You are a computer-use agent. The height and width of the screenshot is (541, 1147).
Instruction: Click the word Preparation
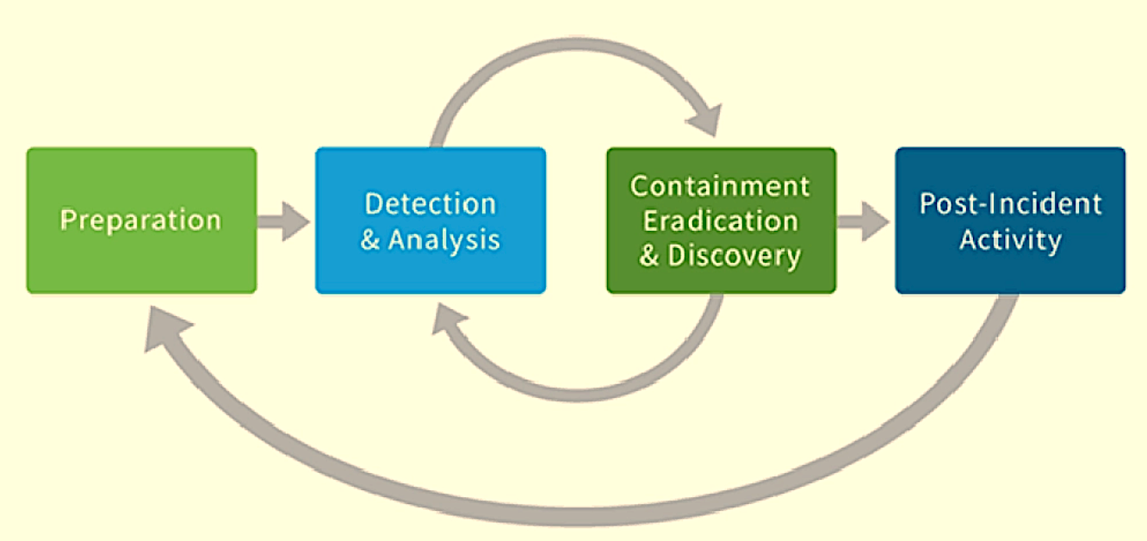pyautogui.click(x=140, y=220)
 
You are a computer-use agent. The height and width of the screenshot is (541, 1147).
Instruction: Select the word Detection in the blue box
pyautogui.click(x=430, y=204)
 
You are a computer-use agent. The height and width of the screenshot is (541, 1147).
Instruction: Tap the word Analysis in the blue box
pyautogui.click(x=443, y=239)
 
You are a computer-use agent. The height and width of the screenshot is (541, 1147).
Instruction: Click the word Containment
pyautogui.click(x=720, y=185)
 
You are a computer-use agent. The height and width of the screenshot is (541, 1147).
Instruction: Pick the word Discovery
pyautogui.click(x=735, y=255)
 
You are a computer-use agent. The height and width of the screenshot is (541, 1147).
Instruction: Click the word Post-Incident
pyautogui.click(x=1010, y=204)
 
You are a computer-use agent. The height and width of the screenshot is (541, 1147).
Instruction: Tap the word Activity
pyautogui.click(x=1010, y=239)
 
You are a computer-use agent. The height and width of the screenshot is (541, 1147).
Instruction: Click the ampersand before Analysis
pyautogui.click(x=370, y=240)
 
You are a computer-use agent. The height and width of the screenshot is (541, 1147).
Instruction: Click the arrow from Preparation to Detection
pyautogui.click(x=284, y=222)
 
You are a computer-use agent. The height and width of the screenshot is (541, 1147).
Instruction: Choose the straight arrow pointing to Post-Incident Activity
pyautogui.click(x=864, y=222)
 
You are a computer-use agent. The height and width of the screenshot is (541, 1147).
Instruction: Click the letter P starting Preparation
pyautogui.click(x=66, y=220)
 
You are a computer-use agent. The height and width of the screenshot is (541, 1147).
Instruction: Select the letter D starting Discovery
pyautogui.click(x=680, y=255)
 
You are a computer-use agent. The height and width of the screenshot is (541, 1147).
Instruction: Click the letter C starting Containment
pyautogui.click(x=640, y=185)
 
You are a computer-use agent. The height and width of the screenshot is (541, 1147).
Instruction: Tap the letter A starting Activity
pyautogui.click(x=969, y=239)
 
